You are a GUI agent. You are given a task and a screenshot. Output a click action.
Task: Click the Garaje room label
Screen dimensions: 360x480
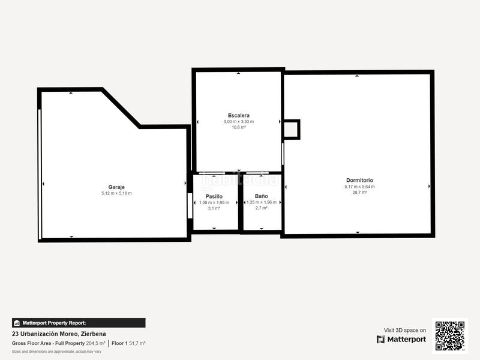click(116, 187)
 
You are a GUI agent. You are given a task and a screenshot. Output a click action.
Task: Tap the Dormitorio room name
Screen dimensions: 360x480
click(359, 180)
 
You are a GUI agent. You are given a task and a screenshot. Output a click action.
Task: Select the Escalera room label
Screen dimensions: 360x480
click(238, 115)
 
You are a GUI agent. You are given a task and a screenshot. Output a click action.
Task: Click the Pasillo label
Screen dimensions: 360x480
click(214, 196)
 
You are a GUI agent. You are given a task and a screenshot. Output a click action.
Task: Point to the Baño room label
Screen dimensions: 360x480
click(261, 196)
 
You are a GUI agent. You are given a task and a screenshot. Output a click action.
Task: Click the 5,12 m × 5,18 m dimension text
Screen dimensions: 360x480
click(116, 193)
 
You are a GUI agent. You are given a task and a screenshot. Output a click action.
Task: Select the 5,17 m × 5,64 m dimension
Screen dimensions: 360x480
click(359, 187)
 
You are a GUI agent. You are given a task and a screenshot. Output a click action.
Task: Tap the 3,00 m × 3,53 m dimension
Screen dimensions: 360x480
click(238, 121)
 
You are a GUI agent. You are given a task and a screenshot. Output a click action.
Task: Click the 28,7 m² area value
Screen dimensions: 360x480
click(359, 193)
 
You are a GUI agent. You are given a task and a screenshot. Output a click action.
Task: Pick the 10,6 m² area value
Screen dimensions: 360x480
click(238, 127)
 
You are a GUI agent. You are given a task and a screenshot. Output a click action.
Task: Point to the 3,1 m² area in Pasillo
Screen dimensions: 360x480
click(214, 208)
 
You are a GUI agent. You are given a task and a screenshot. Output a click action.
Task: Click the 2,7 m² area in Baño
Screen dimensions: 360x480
click(261, 208)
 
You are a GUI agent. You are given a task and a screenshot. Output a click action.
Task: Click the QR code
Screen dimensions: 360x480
click(449, 335)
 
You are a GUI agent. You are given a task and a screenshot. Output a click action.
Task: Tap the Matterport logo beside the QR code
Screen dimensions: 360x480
click(401, 340)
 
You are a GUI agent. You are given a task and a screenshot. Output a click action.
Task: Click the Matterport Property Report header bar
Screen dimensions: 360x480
click(79, 323)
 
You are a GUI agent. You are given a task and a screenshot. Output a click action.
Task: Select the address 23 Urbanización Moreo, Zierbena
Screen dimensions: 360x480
click(52, 334)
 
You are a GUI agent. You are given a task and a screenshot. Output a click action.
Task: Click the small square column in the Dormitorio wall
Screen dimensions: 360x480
click(291, 129)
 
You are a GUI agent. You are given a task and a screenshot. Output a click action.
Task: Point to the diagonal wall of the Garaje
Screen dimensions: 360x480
click(121, 108)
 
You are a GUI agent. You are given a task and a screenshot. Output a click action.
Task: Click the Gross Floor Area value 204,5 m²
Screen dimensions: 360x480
click(95, 343)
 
